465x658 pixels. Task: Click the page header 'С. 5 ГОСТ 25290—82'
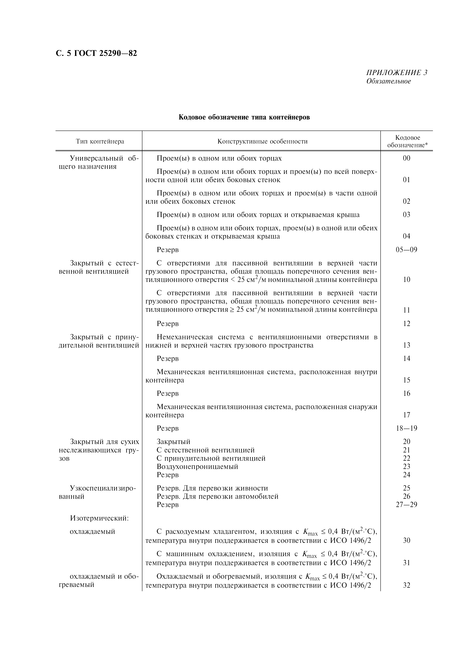96,53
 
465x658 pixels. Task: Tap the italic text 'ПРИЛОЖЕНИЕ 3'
397,73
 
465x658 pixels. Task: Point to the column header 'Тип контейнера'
100,141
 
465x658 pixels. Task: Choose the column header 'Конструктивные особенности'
262,141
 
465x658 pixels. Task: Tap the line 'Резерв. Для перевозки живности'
212,488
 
